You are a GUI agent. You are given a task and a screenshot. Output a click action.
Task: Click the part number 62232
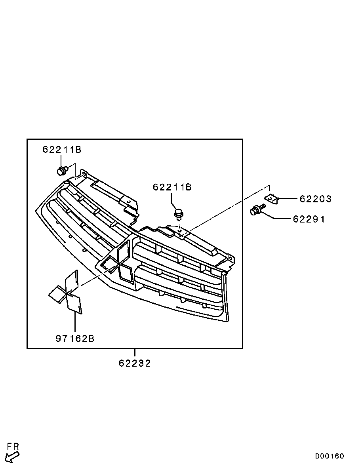pyautogui.click(x=135, y=363)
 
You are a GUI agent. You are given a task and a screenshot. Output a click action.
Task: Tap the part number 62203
pyautogui.click(x=315, y=199)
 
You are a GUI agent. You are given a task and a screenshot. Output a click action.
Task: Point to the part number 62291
pyautogui.click(x=309, y=219)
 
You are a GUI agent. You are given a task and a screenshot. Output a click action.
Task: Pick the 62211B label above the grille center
pyautogui.click(x=172, y=187)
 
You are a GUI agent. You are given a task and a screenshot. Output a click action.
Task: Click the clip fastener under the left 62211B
pyautogui.click(x=61, y=171)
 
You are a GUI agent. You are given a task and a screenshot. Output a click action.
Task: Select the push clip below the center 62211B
pyautogui.click(x=179, y=214)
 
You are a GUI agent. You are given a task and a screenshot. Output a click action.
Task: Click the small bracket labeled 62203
pyautogui.click(x=271, y=199)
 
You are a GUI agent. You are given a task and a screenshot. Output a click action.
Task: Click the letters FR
pyautogui.click(x=13, y=447)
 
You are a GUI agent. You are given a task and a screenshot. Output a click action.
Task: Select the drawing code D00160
pyautogui.click(x=330, y=456)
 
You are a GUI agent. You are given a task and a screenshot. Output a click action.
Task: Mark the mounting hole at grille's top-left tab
pyautogui.click(x=84, y=173)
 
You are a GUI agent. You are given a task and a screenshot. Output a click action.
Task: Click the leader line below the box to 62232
pyautogui.click(x=135, y=353)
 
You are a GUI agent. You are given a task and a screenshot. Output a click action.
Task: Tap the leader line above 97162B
pyautogui.click(x=74, y=323)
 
